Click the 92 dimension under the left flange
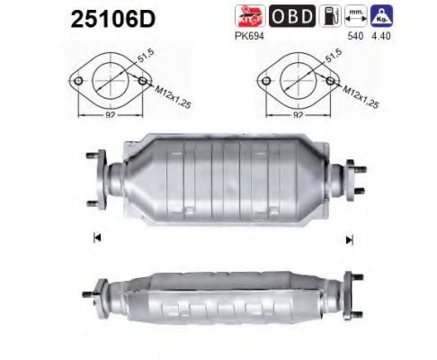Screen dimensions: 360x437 click(x=108, y=115)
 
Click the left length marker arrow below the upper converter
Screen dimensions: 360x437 click(x=95, y=238)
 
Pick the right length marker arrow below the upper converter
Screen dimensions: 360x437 click(x=348, y=238)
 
